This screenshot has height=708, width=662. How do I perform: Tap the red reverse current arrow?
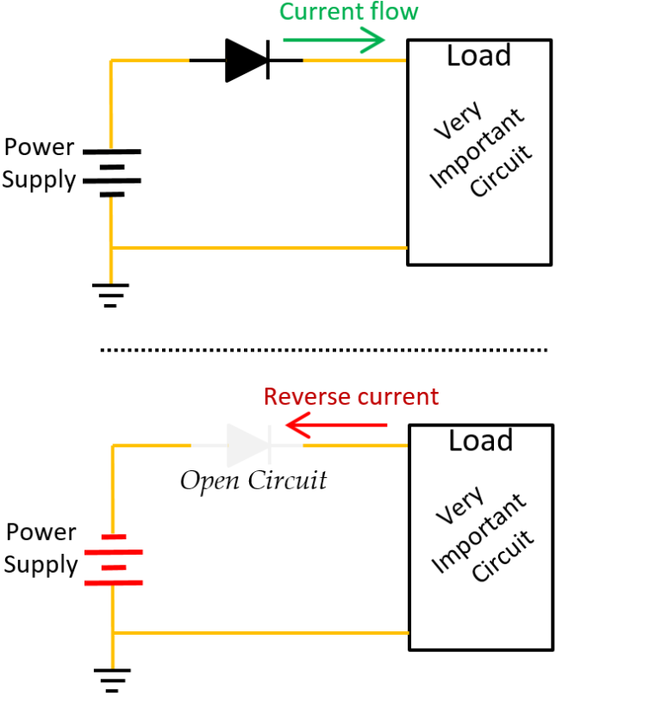click(x=336, y=425)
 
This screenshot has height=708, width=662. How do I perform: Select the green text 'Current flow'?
click(x=348, y=12)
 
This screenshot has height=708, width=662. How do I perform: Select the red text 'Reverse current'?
click(x=351, y=397)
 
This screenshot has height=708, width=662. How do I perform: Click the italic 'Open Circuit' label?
click(x=253, y=480)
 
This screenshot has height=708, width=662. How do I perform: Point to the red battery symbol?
click(x=113, y=559)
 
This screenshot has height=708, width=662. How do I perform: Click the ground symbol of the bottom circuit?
click(x=112, y=680)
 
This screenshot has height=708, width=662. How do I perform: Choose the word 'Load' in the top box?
click(x=478, y=57)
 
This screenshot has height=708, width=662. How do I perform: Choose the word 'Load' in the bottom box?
click(x=480, y=441)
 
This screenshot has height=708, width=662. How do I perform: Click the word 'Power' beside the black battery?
click(x=40, y=147)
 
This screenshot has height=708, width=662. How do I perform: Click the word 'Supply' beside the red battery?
click(x=40, y=566)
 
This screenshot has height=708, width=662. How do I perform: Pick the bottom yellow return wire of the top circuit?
click(x=259, y=248)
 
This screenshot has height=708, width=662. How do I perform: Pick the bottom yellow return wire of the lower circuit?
click(x=259, y=633)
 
